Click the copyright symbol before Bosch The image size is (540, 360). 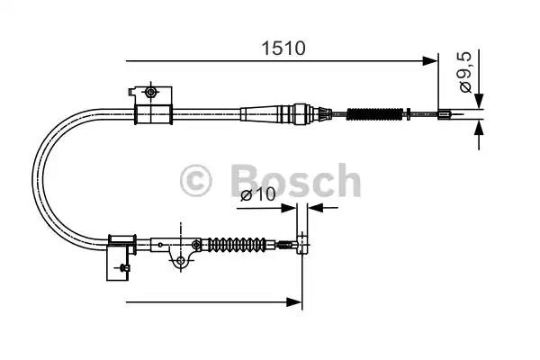coord(196,180)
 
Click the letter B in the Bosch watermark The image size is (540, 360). coord(243,180)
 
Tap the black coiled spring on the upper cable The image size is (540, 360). coord(373,114)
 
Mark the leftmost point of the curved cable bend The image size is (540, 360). coord(33,176)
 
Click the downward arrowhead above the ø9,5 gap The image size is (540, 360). coord(479,100)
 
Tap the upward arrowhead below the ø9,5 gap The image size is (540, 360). coord(479,128)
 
